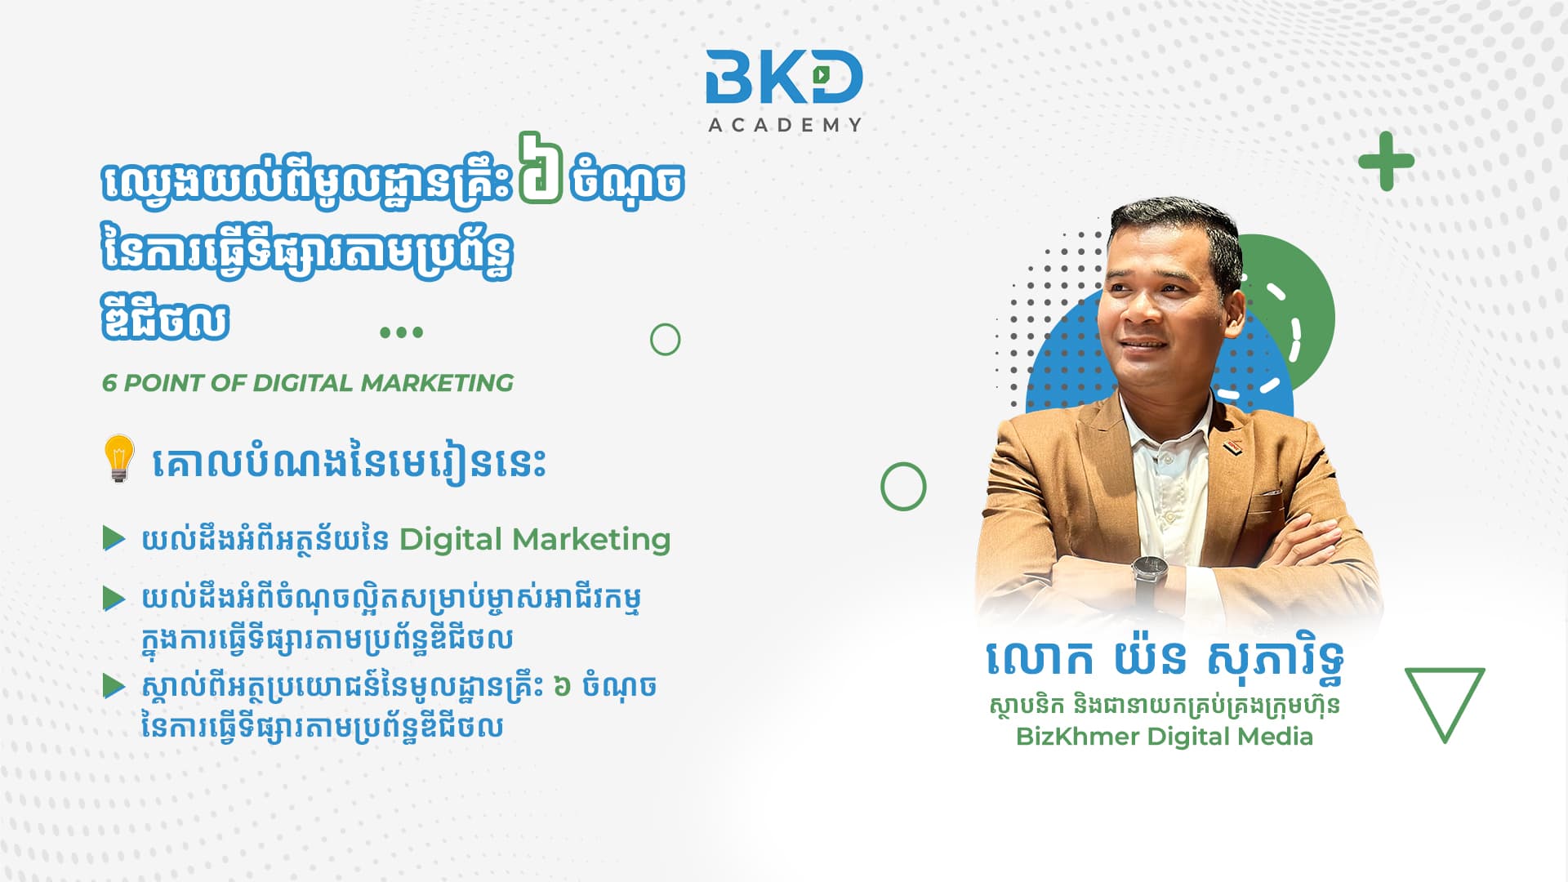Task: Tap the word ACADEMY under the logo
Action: [x=785, y=125]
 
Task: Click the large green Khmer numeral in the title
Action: [x=541, y=167]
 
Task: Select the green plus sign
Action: [x=1386, y=161]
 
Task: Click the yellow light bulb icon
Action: [x=118, y=458]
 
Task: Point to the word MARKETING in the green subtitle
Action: [x=437, y=383]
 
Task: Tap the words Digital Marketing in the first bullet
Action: [x=535, y=540]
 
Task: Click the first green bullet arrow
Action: [x=114, y=539]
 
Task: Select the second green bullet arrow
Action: [x=114, y=599]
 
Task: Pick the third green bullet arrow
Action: [x=114, y=686]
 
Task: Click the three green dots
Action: [x=402, y=332]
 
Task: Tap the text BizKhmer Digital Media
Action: [x=1165, y=737]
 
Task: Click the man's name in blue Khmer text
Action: [x=1165, y=660]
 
